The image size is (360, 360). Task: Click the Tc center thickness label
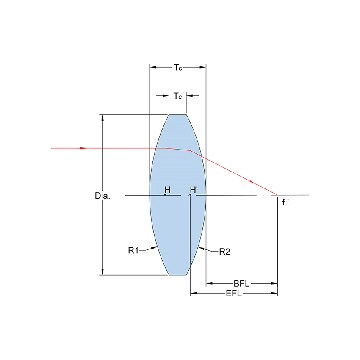[x=178, y=68]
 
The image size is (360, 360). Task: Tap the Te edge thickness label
[x=177, y=96]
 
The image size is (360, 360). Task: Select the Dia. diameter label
[x=102, y=196]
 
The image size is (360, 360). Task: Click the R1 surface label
[x=133, y=250]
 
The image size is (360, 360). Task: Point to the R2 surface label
[x=224, y=252]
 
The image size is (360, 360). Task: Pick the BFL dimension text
[x=241, y=284]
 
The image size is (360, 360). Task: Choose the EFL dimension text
[x=234, y=294]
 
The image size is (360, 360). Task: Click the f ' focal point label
[x=285, y=202]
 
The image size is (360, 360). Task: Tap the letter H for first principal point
[x=168, y=190]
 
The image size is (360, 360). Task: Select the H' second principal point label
[x=194, y=190]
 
